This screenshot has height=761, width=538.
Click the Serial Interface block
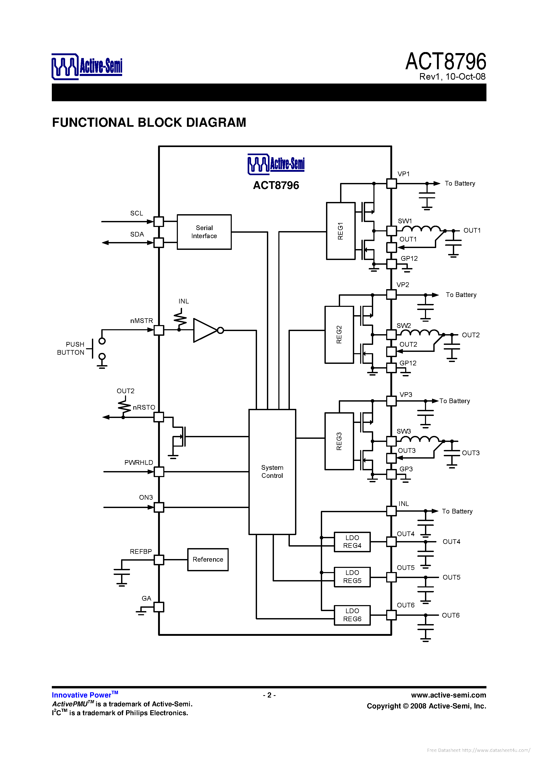pos(204,232)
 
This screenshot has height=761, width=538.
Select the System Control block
pos(272,471)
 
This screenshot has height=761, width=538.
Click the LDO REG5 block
pos(352,577)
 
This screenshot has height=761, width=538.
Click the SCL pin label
pos(136,213)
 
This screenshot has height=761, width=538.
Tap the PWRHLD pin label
pos(139,462)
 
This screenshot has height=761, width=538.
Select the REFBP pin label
pos(141,551)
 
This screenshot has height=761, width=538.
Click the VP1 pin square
pos(391,183)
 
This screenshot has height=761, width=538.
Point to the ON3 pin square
pos(159,507)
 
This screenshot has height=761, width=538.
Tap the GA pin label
pos(146,598)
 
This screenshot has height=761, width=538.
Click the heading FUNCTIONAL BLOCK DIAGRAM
pos(149,122)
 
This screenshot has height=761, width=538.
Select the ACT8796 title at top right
pos(446,62)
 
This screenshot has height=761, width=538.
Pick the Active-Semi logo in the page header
pos(87,66)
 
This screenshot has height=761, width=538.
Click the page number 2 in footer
pos(269,695)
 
